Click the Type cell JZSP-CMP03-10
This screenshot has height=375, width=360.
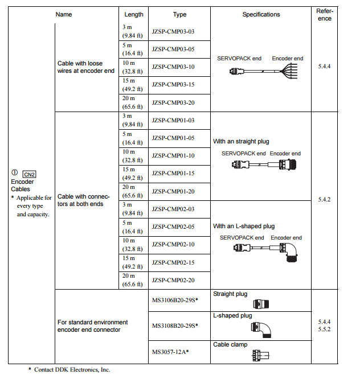click(173, 67)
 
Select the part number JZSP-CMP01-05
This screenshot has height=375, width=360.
click(173, 138)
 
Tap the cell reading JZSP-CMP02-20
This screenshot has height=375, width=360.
click(173, 280)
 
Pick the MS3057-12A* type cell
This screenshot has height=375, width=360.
click(170, 352)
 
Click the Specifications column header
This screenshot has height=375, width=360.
click(261, 14)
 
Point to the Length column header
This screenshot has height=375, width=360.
click(134, 14)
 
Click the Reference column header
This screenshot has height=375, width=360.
click(325, 14)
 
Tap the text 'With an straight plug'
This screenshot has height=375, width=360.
click(241, 141)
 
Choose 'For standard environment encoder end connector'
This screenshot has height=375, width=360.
click(93, 325)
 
